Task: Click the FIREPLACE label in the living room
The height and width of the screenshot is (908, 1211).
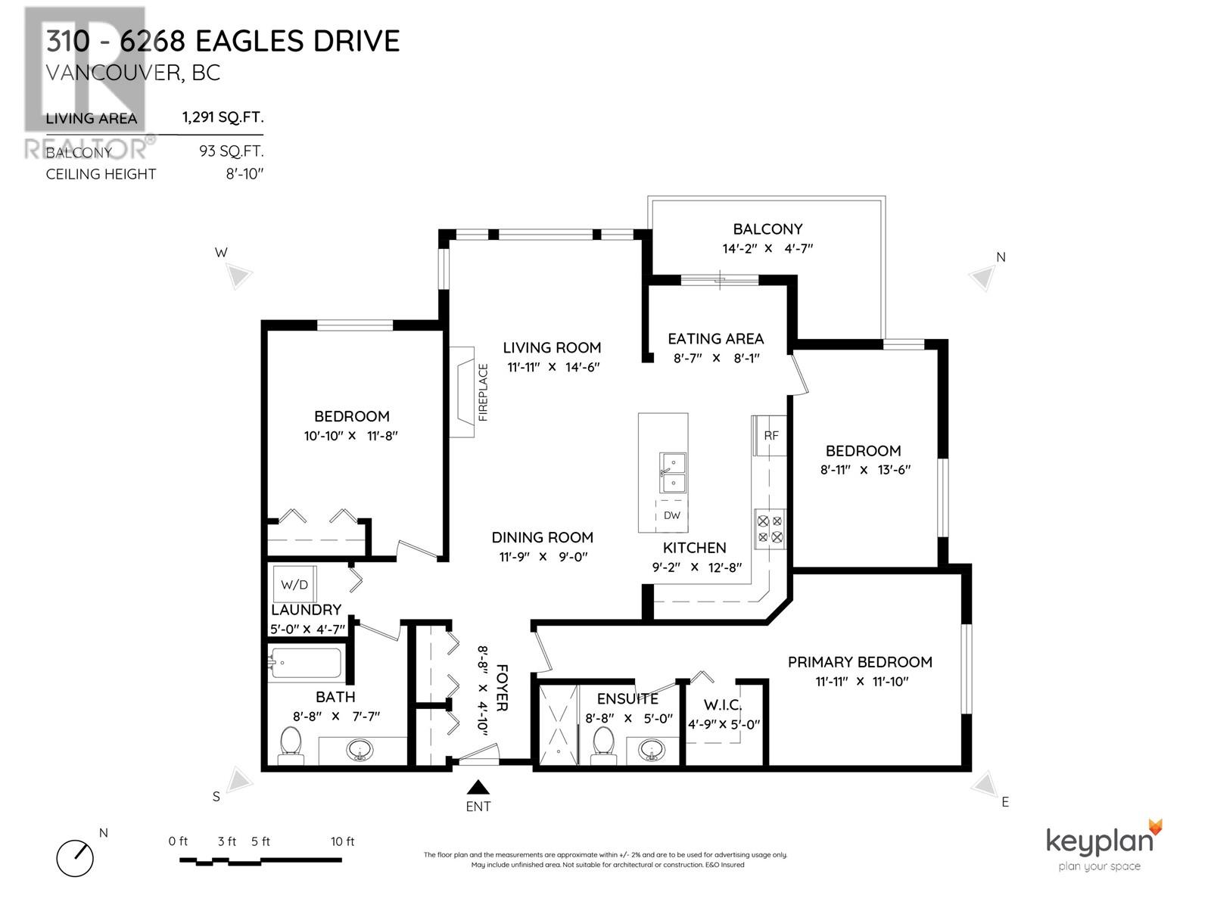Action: click(x=483, y=392)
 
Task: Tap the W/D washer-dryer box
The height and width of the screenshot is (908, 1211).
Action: click(x=294, y=584)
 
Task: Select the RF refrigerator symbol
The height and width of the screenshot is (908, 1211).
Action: click(x=770, y=436)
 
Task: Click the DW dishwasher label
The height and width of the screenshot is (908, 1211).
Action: click(x=671, y=515)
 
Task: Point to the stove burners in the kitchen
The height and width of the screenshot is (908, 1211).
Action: click(x=770, y=529)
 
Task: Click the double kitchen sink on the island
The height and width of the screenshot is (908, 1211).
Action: click(x=672, y=473)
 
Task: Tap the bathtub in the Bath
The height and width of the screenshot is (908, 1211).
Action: click(x=305, y=664)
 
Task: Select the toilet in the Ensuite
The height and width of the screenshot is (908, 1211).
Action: click(x=602, y=741)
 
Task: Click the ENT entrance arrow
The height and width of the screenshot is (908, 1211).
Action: click(x=478, y=788)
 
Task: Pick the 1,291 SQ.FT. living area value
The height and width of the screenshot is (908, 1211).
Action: click(x=222, y=117)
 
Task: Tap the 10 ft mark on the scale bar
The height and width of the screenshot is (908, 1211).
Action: click(x=342, y=841)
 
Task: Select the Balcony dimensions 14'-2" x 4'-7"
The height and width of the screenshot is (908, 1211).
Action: click(x=767, y=248)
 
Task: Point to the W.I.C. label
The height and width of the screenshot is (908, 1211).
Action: click(x=722, y=704)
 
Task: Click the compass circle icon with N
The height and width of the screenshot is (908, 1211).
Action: click(x=75, y=858)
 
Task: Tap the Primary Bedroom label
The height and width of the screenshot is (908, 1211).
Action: click(x=860, y=662)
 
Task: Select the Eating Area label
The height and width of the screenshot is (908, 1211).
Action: click(x=715, y=339)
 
